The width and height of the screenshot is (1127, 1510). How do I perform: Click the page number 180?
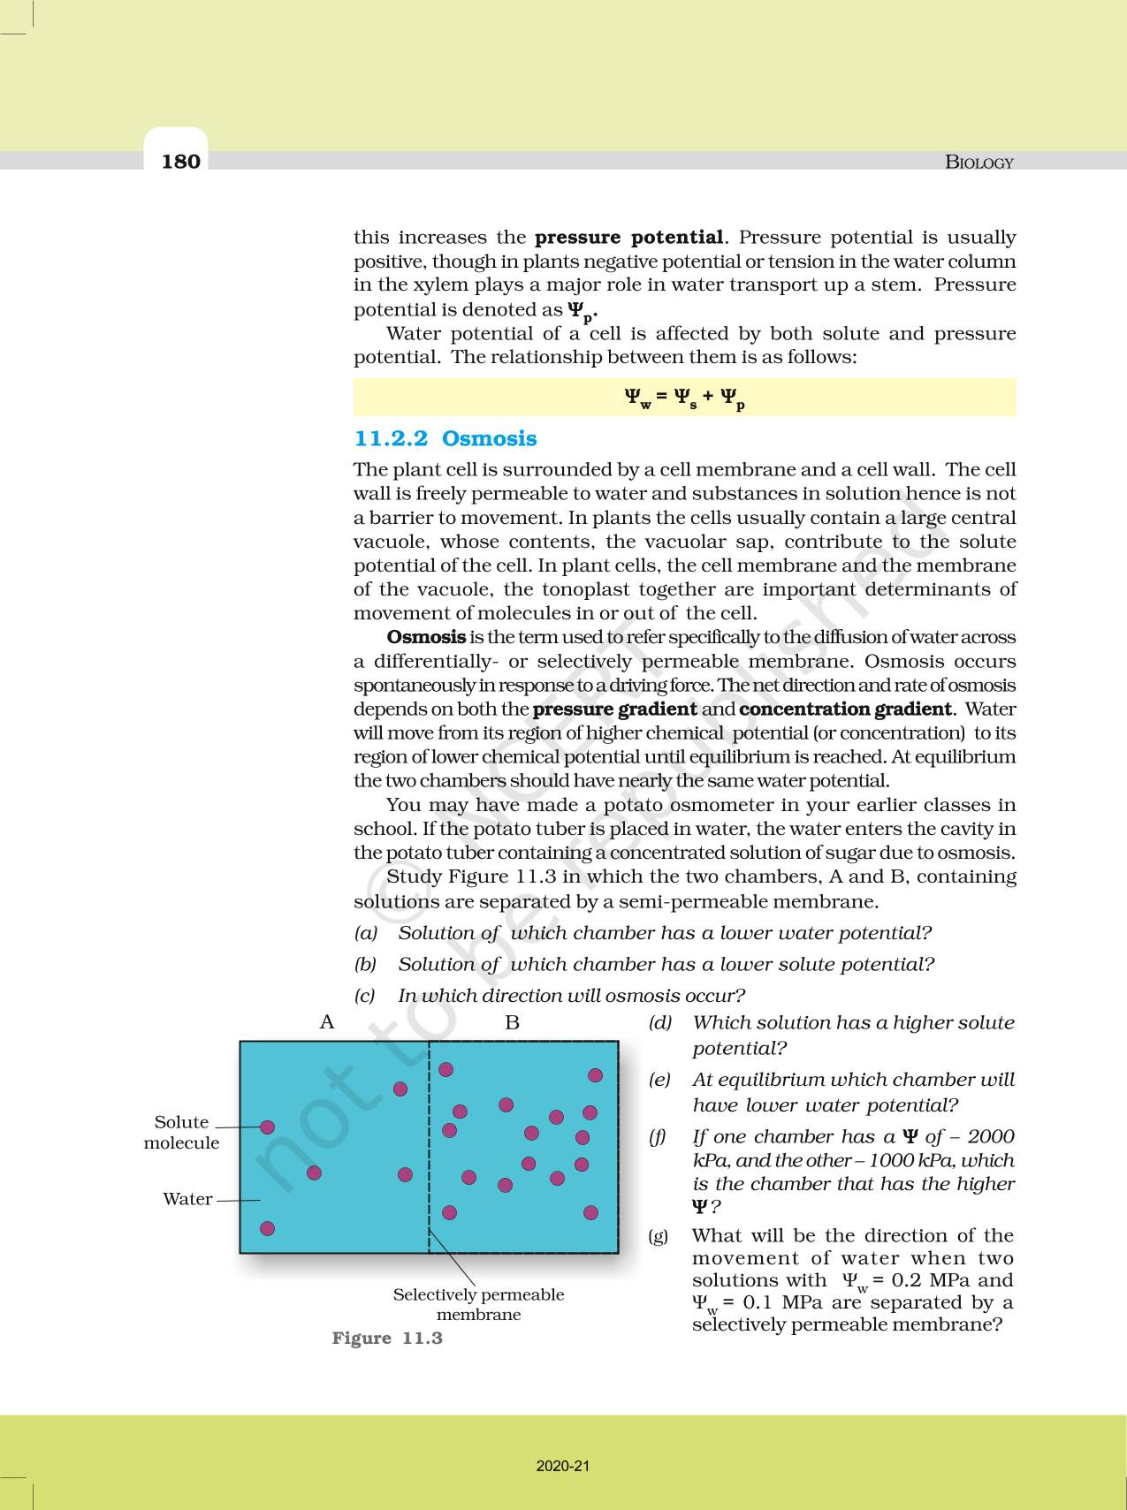pos(181,161)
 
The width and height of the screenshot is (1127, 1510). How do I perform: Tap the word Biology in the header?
pos(979,163)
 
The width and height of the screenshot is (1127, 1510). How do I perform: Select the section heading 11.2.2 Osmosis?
pos(445,439)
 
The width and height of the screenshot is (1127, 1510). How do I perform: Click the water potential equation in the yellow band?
pos(684,398)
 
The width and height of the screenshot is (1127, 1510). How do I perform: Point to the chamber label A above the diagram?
pos(327,1022)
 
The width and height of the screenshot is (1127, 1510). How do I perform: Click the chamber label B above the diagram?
pos(512,1023)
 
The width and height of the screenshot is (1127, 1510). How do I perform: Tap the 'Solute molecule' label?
pos(181,1132)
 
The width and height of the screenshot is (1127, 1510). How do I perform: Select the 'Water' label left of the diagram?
pos(187,1199)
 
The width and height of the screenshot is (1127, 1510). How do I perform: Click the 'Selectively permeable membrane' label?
pos(478,1304)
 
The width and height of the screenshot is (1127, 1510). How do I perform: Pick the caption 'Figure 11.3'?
pos(387,1338)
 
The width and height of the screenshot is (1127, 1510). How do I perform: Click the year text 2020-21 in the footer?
pos(563,1466)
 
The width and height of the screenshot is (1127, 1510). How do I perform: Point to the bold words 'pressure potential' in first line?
pos(629,238)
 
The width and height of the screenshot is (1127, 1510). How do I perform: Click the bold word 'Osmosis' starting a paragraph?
pos(426,637)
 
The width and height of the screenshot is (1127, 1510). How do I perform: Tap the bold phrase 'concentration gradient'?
pos(845,709)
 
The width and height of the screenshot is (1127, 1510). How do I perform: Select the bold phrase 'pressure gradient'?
pos(615,709)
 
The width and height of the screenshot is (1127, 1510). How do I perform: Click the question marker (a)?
pos(366,933)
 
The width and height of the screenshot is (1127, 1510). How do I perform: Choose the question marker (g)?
pos(659,1236)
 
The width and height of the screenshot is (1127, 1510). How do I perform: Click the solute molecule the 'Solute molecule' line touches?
pos(268,1127)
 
